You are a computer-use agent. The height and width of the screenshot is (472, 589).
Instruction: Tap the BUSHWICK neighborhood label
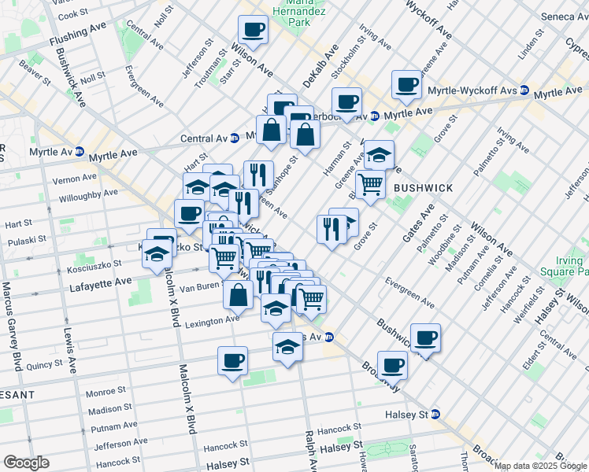(423, 189)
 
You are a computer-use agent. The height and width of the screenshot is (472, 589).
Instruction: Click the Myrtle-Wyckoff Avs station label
(472, 91)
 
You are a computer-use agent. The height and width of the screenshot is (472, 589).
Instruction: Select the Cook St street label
(73, 14)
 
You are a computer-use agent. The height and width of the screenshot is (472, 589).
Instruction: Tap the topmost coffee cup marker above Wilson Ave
(254, 30)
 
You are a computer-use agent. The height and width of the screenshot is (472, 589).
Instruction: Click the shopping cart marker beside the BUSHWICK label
(369, 185)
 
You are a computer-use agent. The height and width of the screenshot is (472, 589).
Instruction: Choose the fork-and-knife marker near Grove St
(331, 228)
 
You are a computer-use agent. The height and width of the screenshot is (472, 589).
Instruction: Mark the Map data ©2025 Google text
(540, 466)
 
